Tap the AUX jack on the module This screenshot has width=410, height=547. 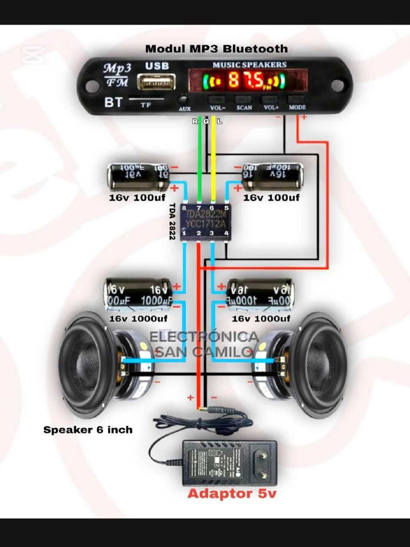(184, 100)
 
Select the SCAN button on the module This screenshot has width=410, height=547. (243, 99)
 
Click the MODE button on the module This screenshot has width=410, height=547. (297, 99)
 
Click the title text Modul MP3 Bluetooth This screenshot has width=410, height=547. (216, 49)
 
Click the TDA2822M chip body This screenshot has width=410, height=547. (205, 220)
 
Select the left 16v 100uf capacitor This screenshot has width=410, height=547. (138, 177)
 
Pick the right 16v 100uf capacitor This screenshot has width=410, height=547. (273, 177)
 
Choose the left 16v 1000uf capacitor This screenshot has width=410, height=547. (138, 294)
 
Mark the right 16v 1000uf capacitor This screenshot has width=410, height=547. (260, 294)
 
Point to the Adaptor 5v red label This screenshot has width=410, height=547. (232, 494)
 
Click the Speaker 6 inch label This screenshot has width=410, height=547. (88, 430)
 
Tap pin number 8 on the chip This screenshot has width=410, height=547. (184, 207)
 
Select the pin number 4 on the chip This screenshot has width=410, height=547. (226, 233)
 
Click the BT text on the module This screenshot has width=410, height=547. (113, 102)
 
